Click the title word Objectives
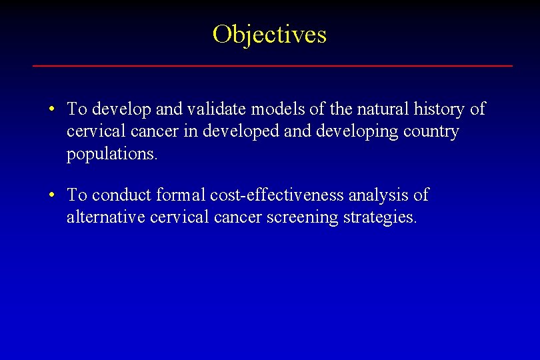pos(269,34)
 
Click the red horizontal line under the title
pos(273,66)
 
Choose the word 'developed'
pos(242,132)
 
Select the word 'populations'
pos(111,155)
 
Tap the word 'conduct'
pos(122,195)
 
